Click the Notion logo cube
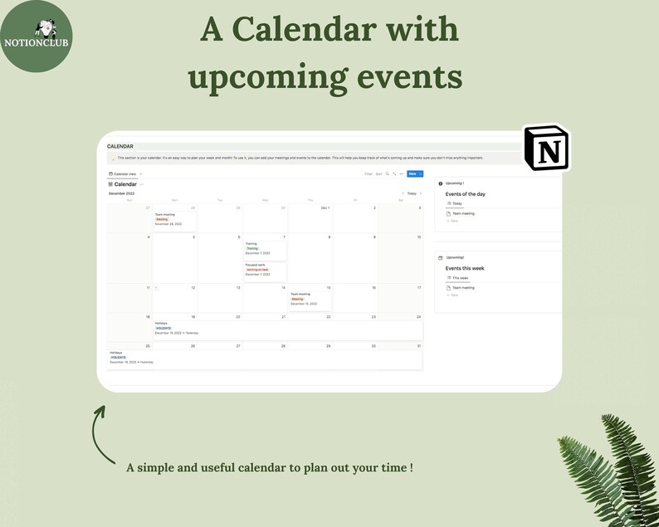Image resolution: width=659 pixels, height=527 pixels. (546, 149)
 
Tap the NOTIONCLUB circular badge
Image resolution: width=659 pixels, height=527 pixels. (36, 35)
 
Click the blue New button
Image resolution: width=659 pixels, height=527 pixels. (412, 174)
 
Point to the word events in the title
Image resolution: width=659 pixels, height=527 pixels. (405, 76)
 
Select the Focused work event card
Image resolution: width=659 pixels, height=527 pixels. (265, 270)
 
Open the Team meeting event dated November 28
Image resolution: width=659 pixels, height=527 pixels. (174, 219)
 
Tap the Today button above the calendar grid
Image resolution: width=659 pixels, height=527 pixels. (412, 193)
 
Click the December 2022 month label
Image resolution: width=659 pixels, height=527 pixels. (121, 193)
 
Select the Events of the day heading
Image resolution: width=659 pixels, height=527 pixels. (466, 193)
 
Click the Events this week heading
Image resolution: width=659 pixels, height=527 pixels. (465, 268)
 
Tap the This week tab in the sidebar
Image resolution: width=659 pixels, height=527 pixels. (458, 278)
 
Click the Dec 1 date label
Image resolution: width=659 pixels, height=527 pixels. (325, 208)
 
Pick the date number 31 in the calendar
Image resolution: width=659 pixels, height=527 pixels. (418, 346)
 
